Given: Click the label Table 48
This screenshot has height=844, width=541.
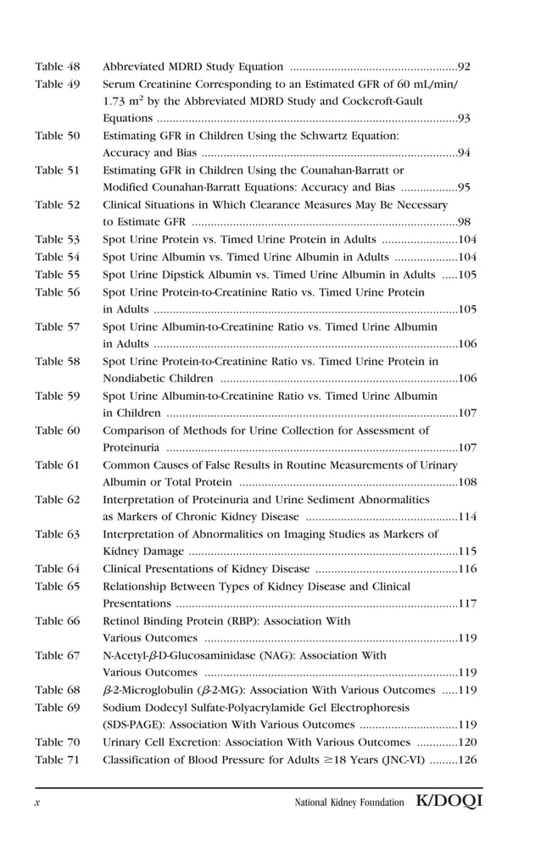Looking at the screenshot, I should [57, 66].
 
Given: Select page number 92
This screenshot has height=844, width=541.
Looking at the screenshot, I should [464, 66].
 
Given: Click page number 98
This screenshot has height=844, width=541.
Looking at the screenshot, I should [464, 222].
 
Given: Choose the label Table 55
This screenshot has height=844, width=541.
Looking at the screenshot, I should [57, 275].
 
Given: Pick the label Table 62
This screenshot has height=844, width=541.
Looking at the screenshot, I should [57, 500].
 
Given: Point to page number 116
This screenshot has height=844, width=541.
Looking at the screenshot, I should [466, 569].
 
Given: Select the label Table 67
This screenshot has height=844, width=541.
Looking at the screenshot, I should [57, 655].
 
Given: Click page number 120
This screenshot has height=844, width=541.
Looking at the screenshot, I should [466, 741].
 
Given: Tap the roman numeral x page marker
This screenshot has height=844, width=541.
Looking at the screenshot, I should [37, 802].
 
